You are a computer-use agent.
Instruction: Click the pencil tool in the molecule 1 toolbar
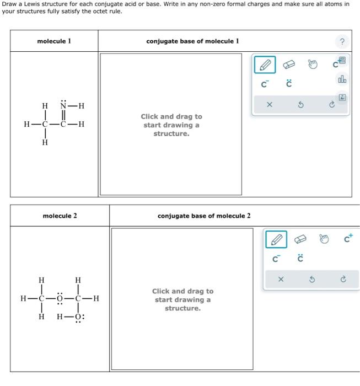[x=264, y=66]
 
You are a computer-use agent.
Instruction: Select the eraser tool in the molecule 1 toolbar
[x=289, y=65]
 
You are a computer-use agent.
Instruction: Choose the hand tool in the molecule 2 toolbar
[x=324, y=239]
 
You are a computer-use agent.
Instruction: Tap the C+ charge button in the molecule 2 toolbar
[x=348, y=239]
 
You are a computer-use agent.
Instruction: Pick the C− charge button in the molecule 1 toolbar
[x=265, y=85]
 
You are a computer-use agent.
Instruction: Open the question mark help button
[x=342, y=42]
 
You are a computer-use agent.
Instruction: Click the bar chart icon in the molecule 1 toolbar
[x=342, y=80]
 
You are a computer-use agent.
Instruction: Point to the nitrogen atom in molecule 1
[x=64, y=106]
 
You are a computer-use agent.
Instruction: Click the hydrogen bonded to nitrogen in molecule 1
[x=80, y=106]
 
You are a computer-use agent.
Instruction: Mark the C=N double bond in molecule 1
[x=64, y=115]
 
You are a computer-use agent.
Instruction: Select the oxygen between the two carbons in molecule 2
[x=60, y=299]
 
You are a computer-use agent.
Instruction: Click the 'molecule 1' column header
[x=54, y=41]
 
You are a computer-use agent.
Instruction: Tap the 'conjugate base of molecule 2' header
[x=204, y=216]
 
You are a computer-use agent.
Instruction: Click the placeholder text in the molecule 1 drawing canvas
[x=171, y=125]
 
